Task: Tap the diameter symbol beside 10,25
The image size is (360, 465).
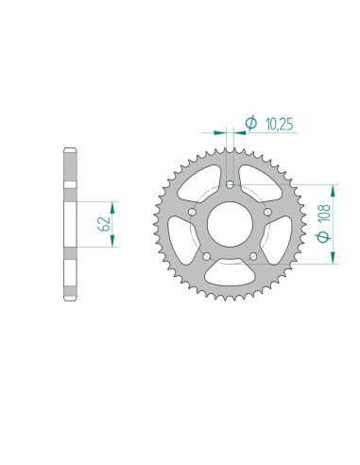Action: click(x=251, y=122)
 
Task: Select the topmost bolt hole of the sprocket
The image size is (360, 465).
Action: click(x=231, y=184)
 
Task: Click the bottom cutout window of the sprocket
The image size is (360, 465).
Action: click(x=231, y=276)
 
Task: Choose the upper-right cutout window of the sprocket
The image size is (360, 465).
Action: click(x=263, y=180)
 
